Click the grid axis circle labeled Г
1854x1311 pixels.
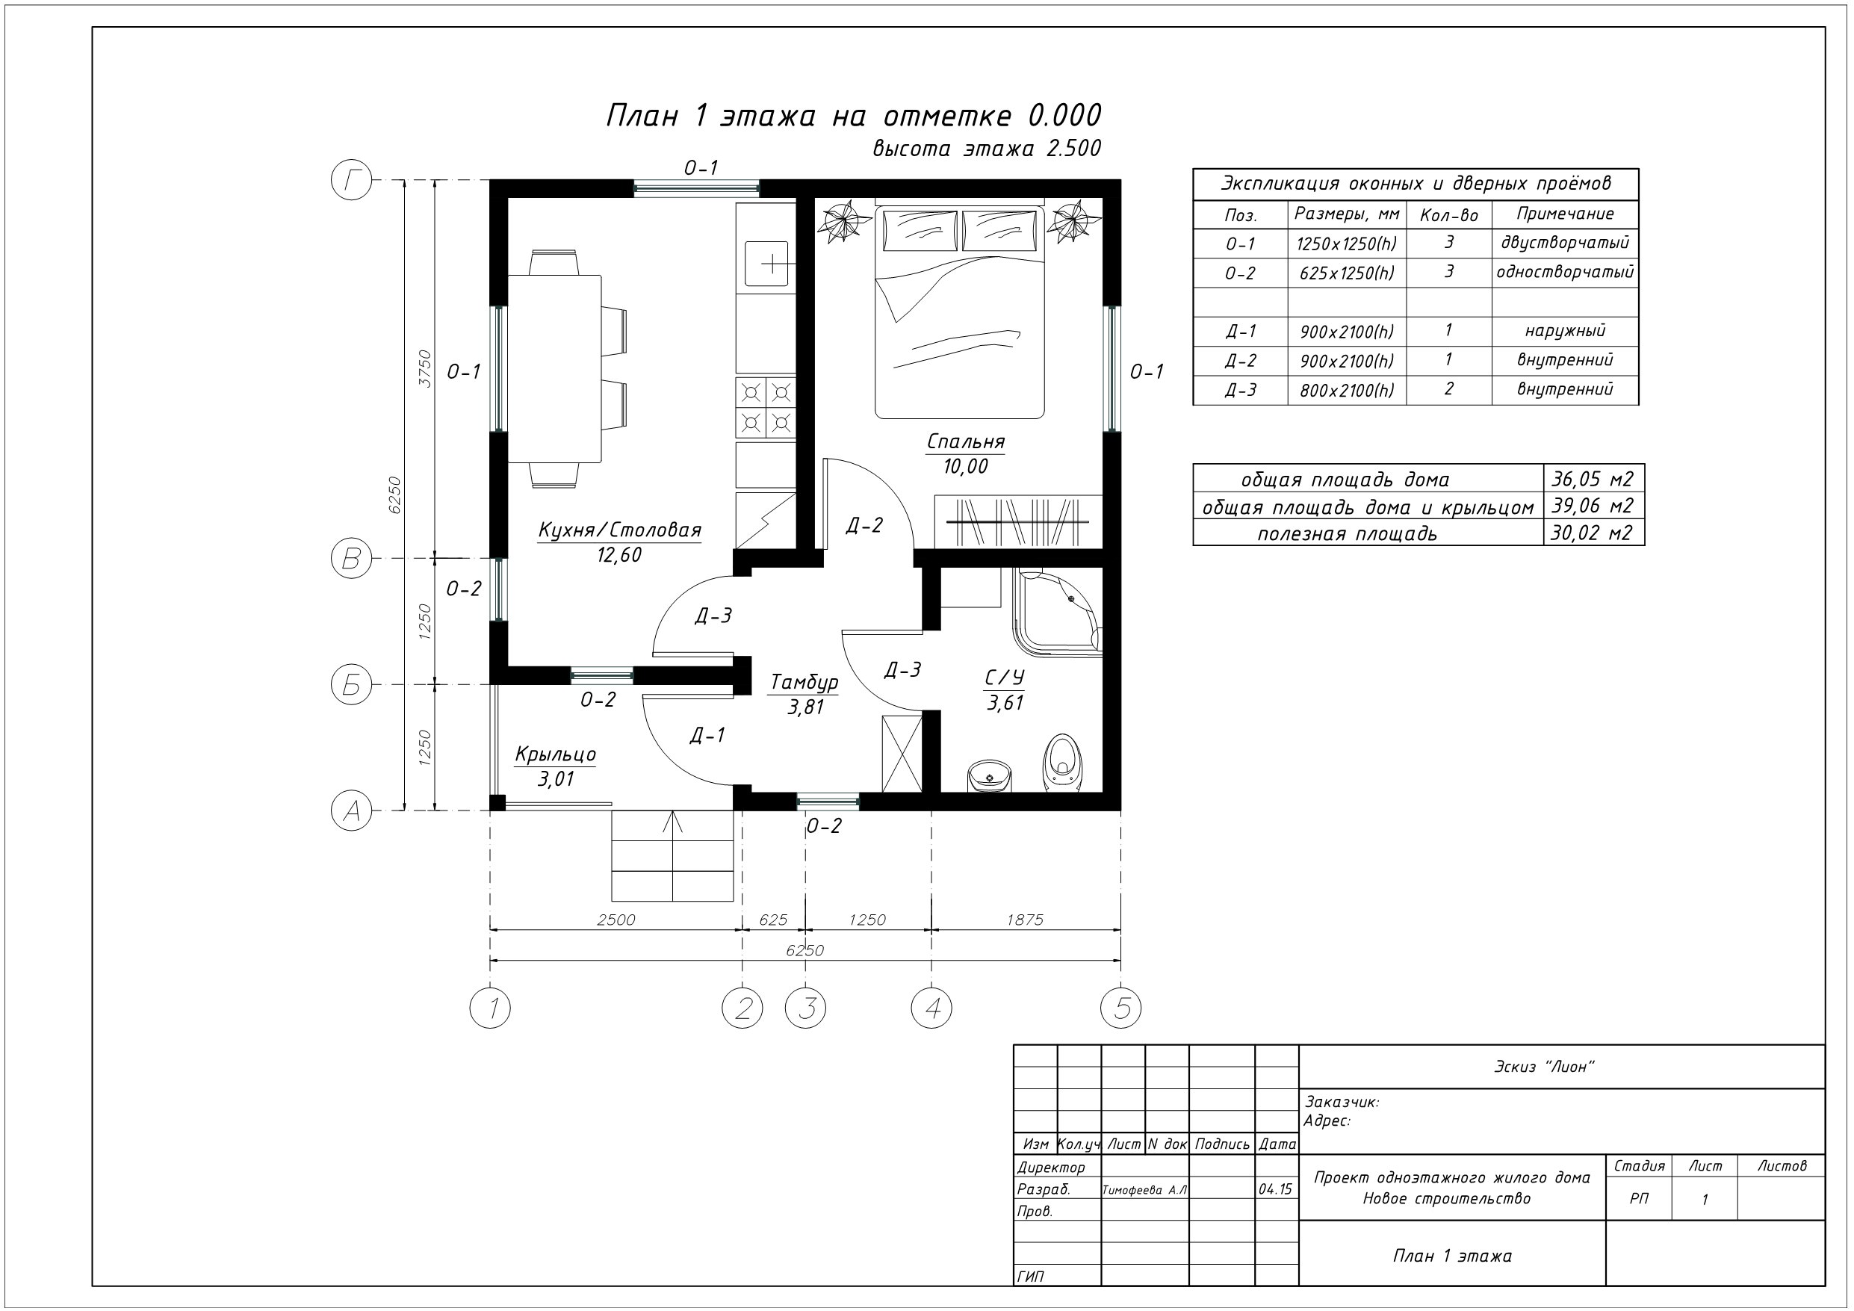click(351, 180)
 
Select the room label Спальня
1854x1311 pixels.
click(966, 441)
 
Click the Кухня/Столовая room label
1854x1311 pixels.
click(619, 530)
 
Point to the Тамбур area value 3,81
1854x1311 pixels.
click(805, 707)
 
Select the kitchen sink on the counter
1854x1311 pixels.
click(766, 264)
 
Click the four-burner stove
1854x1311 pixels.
click(766, 408)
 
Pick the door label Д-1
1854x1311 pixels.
click(707, 735)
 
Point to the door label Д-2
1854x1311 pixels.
click(864, 526)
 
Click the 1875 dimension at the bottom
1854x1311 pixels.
click(1025, 920)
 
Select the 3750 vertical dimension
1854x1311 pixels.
click(425, 368)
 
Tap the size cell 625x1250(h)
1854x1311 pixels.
click(1347, 273)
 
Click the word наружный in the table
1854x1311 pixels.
click(1565, 330)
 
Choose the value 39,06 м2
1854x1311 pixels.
click(1593, 506)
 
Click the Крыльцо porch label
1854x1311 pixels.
click(556, 754)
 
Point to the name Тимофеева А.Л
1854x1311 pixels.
click(1144, 1190)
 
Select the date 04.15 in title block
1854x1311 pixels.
click(1275, 1189)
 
